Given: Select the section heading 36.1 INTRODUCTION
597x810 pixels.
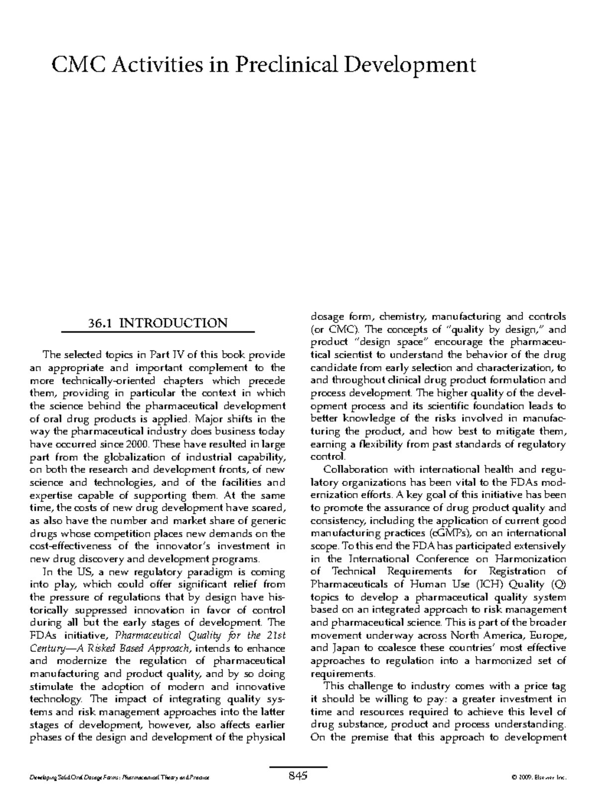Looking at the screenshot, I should (x=157, y=323).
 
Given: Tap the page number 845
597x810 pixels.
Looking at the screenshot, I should (x=298, y=775).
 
